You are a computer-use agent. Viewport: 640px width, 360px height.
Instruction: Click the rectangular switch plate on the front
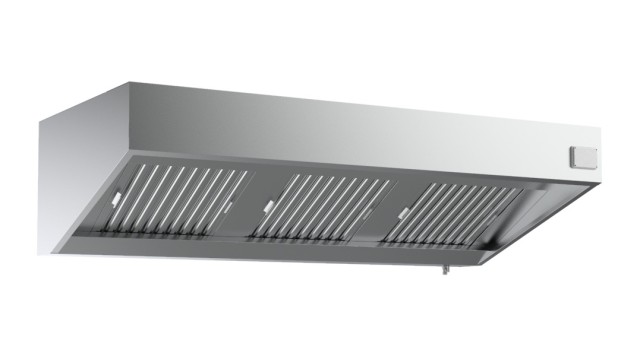pyautogui.click(x=581, y=155)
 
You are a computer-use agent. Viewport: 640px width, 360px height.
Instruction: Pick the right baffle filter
pyautogui.click(x=454, y=213)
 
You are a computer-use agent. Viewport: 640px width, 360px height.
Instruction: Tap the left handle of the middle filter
pyautogui.click(x=266, y=205)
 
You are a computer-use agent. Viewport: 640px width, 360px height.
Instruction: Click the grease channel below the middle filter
pyautogui.click(x=315, y=240)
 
